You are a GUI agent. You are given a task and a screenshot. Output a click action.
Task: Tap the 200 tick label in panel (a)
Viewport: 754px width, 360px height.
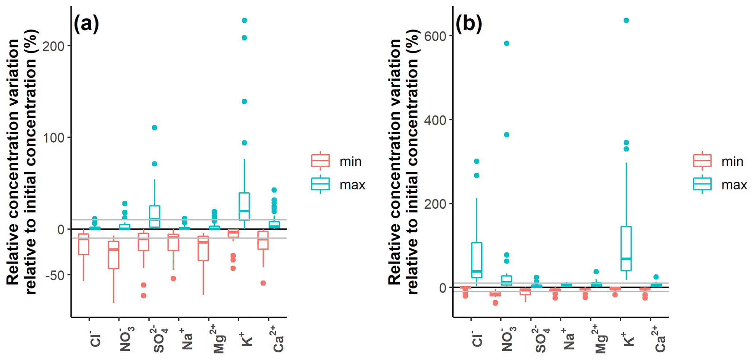pyautogui.click(x=53, y=46)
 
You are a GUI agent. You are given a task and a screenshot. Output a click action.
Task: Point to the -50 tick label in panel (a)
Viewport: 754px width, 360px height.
pyautogui.click(x=55, y=275)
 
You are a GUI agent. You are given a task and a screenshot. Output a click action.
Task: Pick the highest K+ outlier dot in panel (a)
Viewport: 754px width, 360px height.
pyautogui.click(x=244, y=20)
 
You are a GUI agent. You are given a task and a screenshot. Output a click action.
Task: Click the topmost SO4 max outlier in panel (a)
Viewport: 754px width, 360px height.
pyautogui.click(x=154, y=128)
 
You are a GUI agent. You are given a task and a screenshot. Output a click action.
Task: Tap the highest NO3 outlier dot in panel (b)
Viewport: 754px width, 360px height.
pyautogui.click(x=506, y=43)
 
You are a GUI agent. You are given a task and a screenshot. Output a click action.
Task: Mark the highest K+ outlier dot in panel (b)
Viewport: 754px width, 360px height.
pyautogui.click(x=626, y=20)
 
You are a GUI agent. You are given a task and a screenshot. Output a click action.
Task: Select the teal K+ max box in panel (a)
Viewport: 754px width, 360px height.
pyautogui.click(x=244, y=206)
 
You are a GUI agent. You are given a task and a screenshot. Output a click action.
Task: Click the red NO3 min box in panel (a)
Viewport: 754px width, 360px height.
pyautogui.click(x=113, y=255)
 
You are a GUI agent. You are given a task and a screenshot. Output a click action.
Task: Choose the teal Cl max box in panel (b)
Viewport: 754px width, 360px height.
pyautogui.click(x=476, y=260)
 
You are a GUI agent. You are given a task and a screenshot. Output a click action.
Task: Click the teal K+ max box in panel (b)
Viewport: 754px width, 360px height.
pyautogui.click(x=626, y=248)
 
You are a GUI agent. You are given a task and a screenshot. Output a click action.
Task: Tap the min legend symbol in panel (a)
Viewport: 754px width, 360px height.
pyautogui.click(x=320, y=161)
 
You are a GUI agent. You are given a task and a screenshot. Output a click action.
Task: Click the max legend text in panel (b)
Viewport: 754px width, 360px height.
pyautogui.click(x=734, y=185)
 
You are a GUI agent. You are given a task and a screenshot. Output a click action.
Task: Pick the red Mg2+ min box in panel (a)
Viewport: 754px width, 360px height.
pyautogui.click(x=203, y=248)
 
